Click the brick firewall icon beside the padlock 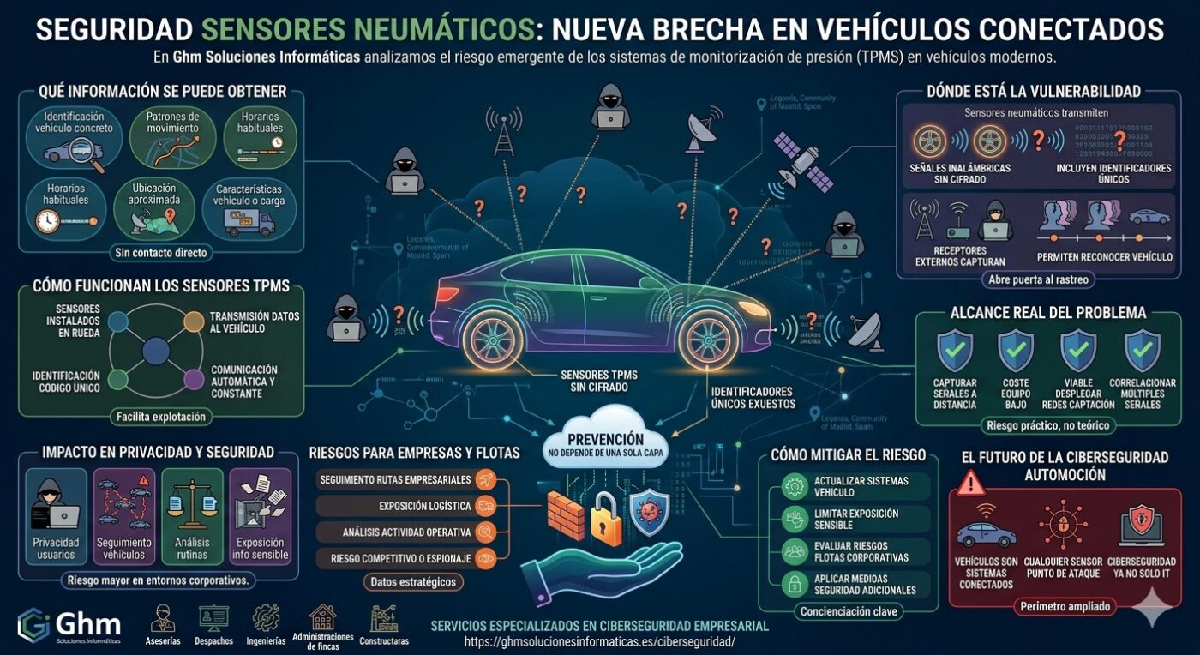(564, 513)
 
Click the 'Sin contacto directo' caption (163, 253)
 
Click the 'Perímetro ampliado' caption (1065, 606)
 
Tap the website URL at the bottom (600, 641)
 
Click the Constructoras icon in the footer (383, 624)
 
